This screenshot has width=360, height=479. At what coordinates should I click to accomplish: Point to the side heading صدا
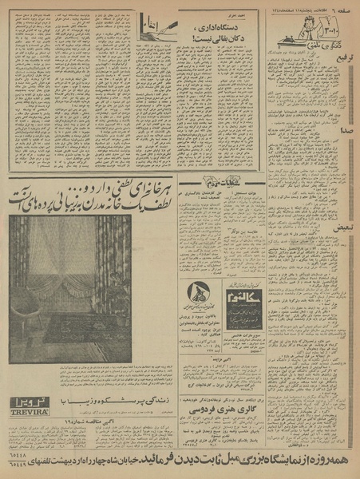click(x=348, y=151)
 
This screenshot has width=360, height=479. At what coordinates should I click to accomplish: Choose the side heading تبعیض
click(x=348, y=228)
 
